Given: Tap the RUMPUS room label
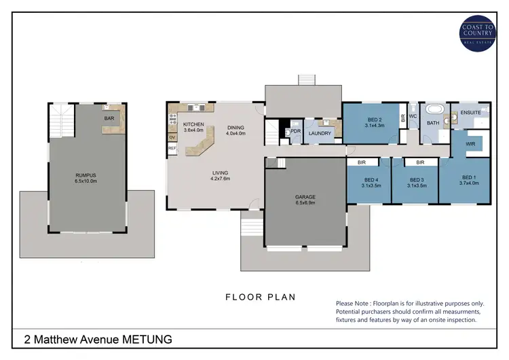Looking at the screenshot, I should click(x=86, y=175).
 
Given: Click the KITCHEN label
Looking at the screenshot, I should click(x=194, y=124).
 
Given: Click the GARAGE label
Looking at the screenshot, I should click(x=305, y=198).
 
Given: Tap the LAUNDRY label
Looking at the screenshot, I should click(x=319, y=133).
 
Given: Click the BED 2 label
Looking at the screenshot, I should click(x=374, y=120).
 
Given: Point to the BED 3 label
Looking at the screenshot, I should click(x=415, y=179).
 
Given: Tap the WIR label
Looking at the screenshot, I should click(x=470, y=144).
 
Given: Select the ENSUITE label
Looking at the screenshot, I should click(x=470, y=112).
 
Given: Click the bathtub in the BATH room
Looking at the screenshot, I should click(x=432, y=109).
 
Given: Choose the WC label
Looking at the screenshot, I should click(x=413, y=116).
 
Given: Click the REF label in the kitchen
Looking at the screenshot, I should click(x=172, y=148).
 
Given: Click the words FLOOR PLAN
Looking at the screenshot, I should click(x=261, y=297).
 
